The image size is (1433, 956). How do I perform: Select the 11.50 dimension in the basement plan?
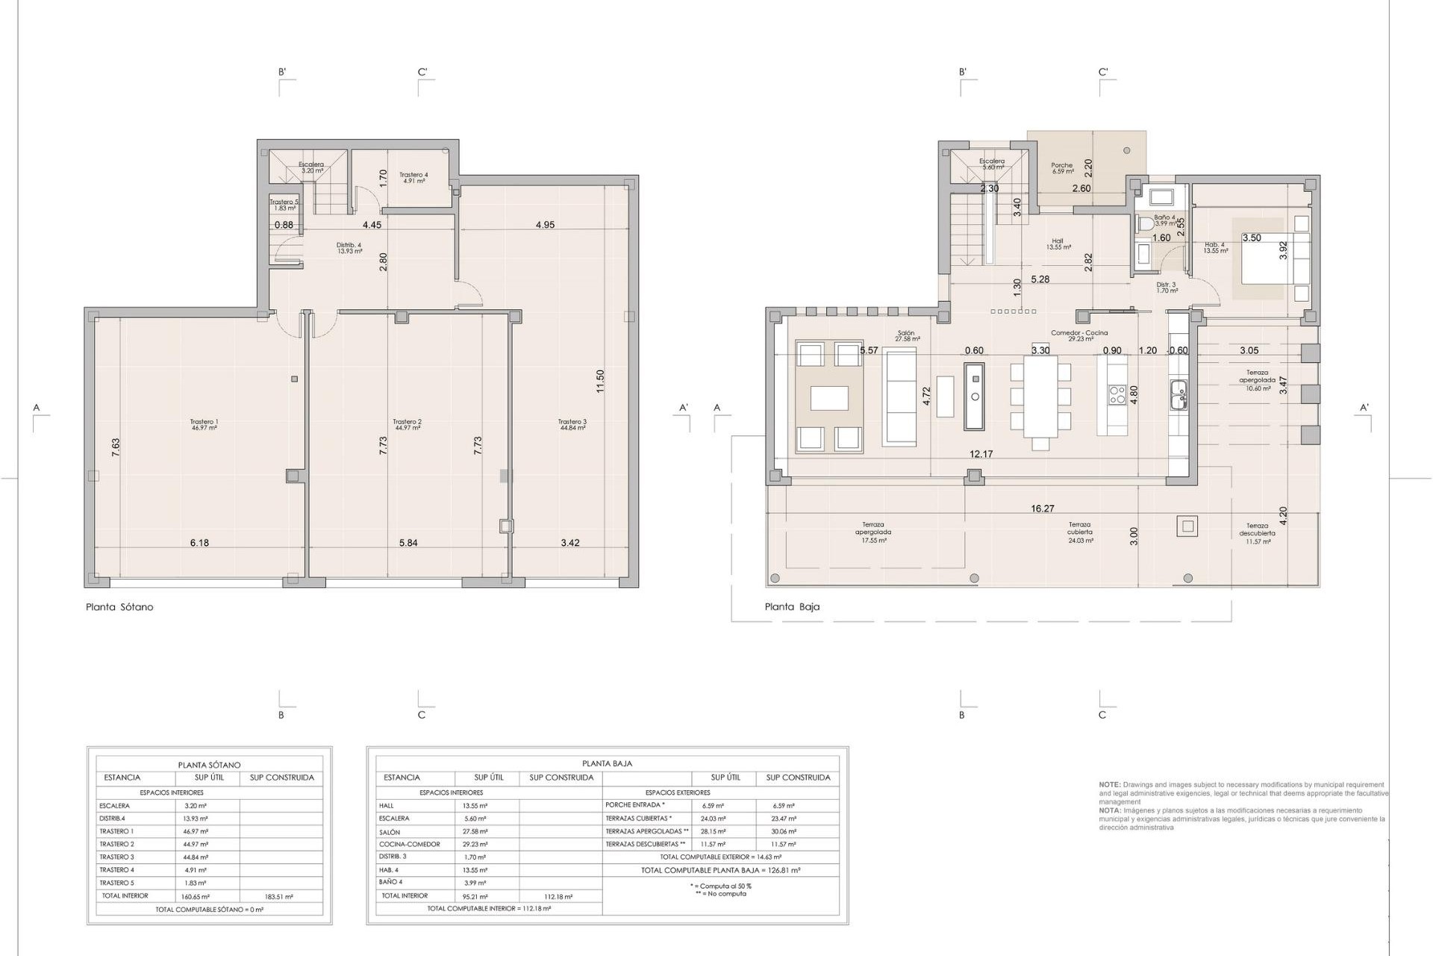click(x=600, y=381)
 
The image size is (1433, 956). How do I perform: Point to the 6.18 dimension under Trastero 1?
click(x=199, y=543)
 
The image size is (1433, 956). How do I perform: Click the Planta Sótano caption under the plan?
click(x=119, y=607)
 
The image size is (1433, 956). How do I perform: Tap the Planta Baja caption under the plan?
click(x=792, y=607)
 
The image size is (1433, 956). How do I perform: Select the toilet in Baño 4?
click(x=1146, y=223)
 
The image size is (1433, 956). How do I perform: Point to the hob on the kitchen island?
click(x=1117, y=395)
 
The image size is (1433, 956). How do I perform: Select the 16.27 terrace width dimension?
click(x=1043, y=509)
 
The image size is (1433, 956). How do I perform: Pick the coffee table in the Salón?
click(x=829, y=397)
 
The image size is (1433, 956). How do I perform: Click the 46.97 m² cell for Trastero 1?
click(x=196, y=831)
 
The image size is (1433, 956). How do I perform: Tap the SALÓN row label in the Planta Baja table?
click(x=390, y=832)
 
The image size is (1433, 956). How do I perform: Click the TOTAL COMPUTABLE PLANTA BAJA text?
click(x=720, y=870)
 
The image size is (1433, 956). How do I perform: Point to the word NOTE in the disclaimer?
click(x=1108, y=785)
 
